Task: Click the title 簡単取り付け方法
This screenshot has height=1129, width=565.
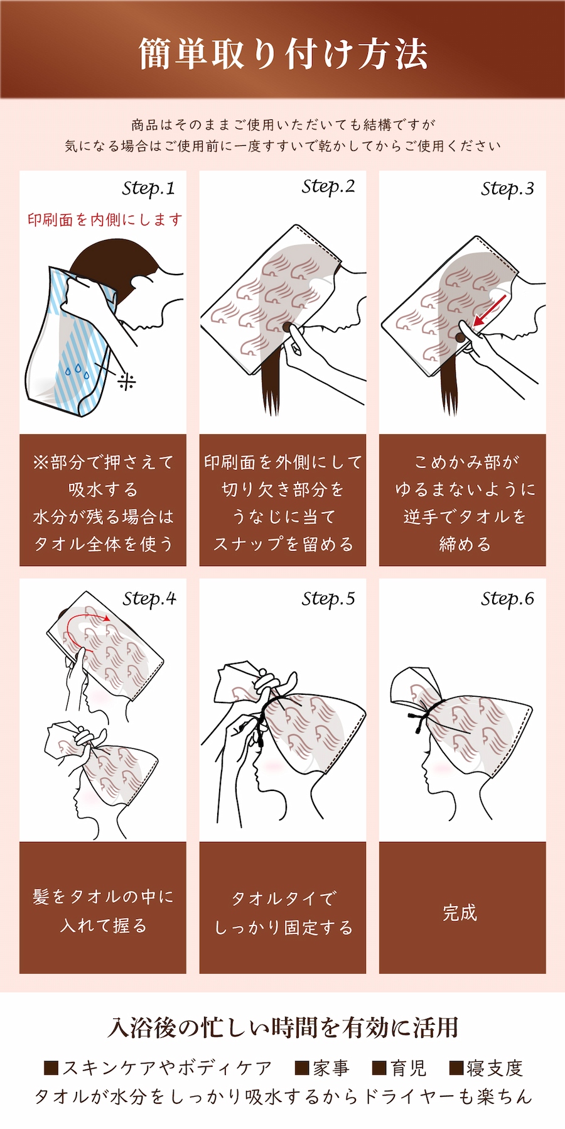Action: point(282,54)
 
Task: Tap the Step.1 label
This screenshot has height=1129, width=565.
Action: point(149,188)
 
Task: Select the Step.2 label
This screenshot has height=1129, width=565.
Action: point(328,187)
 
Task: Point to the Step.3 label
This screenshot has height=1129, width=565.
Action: point(507,188)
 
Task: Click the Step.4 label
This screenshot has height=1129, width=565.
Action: point(149,599)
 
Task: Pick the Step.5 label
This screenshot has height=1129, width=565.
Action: point(328,599)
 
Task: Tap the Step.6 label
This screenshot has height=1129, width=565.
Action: point(507,599)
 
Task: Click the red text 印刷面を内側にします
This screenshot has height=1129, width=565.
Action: point(105,219)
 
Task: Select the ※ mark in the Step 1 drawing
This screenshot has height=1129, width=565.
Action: point(127,381)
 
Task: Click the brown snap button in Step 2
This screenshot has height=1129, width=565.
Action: point(288,327)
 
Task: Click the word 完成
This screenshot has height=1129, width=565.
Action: point(460,913)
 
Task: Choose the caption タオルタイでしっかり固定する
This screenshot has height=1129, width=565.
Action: point(283,913)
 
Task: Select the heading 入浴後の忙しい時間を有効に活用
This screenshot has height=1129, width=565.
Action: point(282,1027)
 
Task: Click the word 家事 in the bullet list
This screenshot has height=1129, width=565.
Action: point(331,1067)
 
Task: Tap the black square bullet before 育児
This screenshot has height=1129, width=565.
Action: point(379,1068)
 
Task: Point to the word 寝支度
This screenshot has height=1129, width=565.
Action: point(495,1067)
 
